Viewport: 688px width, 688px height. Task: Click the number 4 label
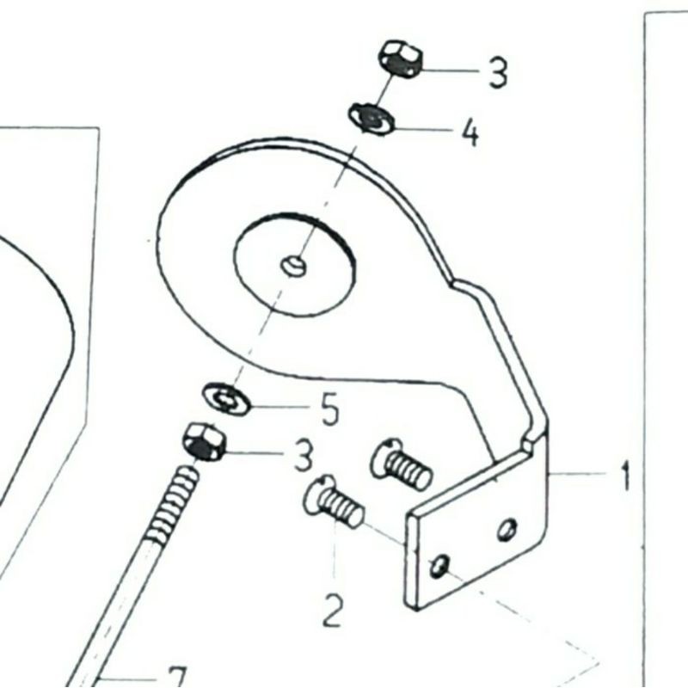tap(470, 133)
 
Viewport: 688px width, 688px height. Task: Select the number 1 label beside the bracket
tap(625, 475)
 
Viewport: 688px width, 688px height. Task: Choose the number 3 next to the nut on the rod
tap(303, 456)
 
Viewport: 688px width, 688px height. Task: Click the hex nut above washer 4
tap(400, 58)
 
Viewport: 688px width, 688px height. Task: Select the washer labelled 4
tap(371, 117)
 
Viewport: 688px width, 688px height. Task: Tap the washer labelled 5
tap(226, 399)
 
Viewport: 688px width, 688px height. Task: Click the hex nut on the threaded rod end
tap(205, 443)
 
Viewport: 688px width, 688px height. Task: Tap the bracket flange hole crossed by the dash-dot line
tap(439, 565)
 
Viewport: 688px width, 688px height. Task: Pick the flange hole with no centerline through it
tap(507, 528)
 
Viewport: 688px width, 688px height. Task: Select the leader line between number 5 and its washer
tap(279, 405)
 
